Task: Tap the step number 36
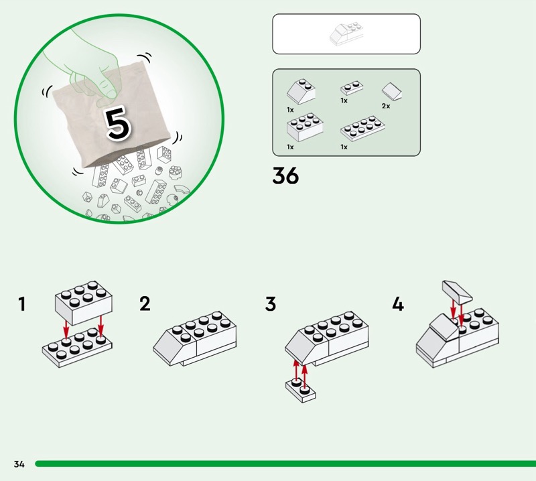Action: [285, 176]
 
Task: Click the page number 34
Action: [19, 464]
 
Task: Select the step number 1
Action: [22, 305]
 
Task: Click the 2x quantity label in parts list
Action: [385, 107]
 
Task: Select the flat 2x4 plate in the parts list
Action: [360, 129]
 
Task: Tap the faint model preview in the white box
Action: [346, 33]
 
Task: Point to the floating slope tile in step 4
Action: [458, 291]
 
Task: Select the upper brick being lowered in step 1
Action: [84, 301]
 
